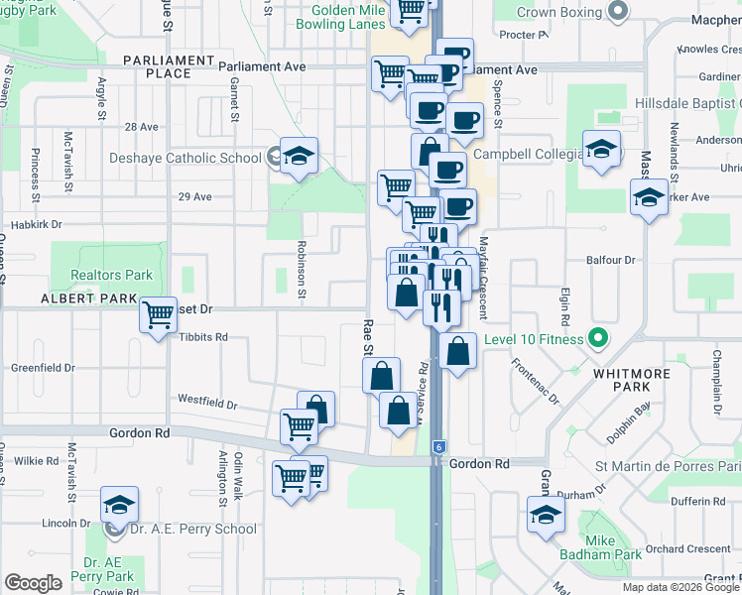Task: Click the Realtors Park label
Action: [111, 275]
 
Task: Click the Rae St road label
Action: [367, 336]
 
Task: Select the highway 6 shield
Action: [438, 448]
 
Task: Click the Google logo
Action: [34, 583]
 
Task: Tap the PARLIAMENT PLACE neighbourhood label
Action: [168, 66]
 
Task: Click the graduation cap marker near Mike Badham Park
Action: [545, 515]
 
